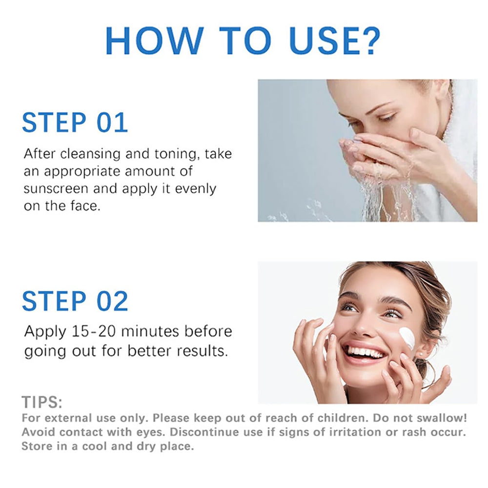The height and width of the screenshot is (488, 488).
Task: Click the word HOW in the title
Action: pyautogui.click(x=155, y=41)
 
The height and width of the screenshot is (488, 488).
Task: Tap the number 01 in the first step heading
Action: pyautogui.click(x=112, y=122)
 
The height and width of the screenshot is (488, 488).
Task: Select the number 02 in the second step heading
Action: pyautogui.click(x=112, y=301)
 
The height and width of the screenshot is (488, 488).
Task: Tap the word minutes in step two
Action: pyautogui.click(x=150, y=331)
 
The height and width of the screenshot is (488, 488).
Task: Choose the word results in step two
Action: pyautogui.click(x=202, y=351)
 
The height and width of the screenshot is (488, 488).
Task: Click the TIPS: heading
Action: pyautogui.click(x=42, y=402)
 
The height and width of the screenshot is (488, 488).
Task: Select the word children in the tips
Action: pyautogui.click(x=343, y=418)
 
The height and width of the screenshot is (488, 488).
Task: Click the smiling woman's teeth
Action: pyautogui.click(x=365, y=353)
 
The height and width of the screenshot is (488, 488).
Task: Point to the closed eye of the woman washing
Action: pyautogui.click(x=387, y=118)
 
